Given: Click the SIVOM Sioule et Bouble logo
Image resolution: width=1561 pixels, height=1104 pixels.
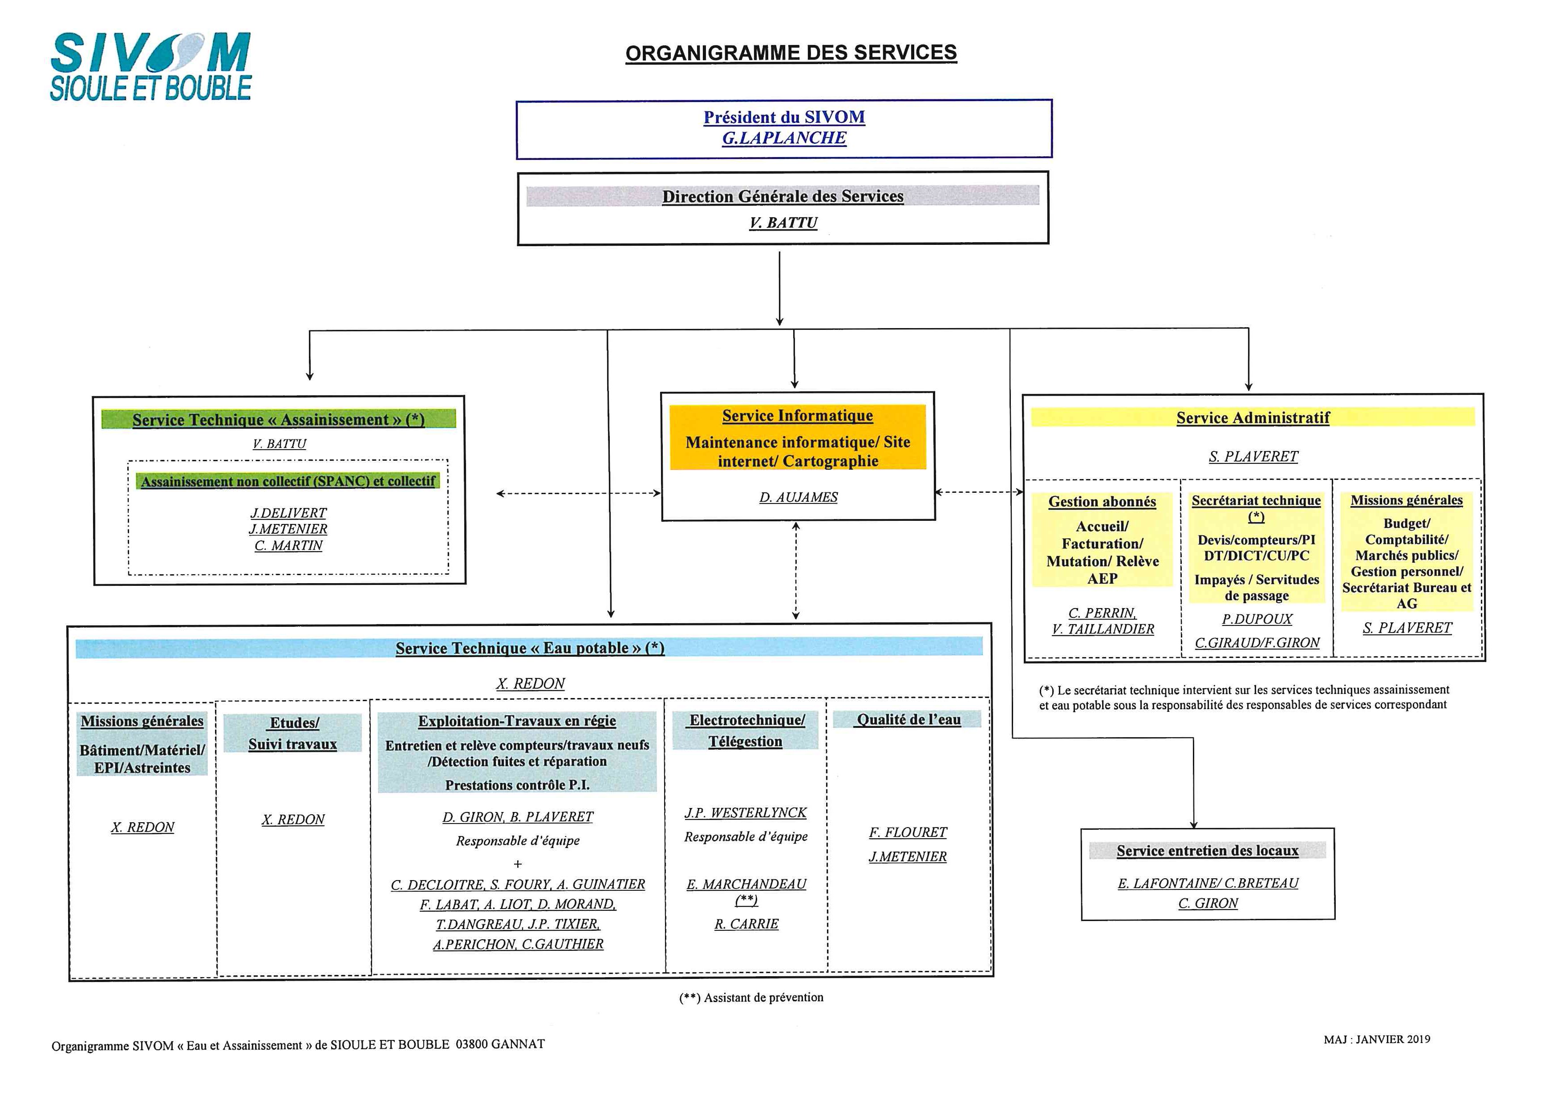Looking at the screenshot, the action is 150,67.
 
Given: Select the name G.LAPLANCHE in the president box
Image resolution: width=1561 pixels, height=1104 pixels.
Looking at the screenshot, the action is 784,138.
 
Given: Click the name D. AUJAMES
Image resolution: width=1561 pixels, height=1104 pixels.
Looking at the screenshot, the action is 798,498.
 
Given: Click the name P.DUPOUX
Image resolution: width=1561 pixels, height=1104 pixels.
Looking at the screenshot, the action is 1257,619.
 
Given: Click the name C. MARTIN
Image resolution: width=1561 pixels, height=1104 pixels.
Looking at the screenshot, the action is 288,546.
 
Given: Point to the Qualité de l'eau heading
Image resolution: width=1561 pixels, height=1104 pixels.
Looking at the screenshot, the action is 908,719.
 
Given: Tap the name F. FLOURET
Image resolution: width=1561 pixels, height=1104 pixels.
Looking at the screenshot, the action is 908,833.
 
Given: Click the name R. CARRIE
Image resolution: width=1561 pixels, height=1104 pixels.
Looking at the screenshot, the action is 746,925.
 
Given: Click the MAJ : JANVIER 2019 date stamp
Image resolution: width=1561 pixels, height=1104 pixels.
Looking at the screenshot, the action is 1377,1039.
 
